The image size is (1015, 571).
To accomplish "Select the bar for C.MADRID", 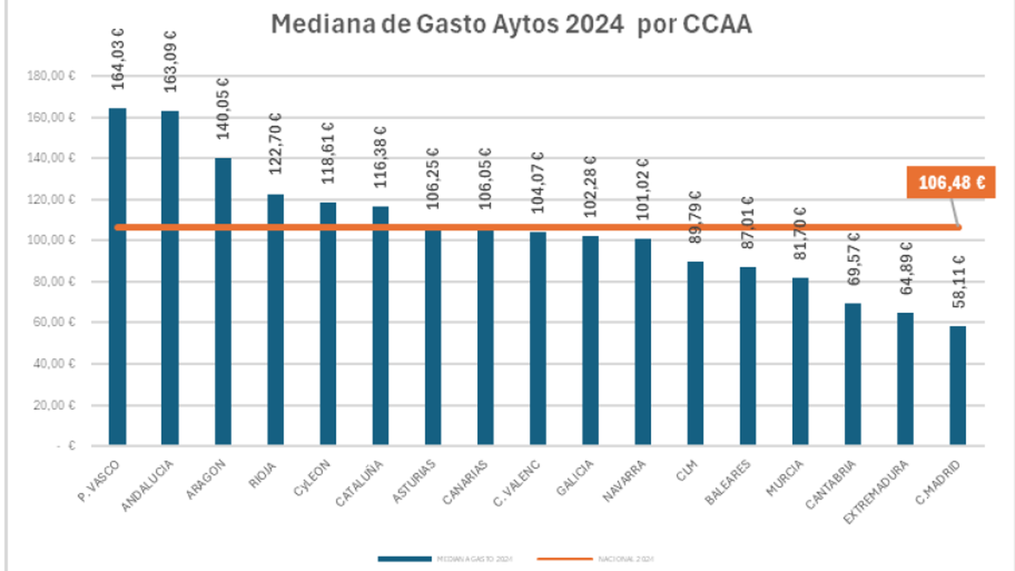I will coord(957,385).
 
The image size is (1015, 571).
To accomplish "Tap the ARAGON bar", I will coord(223,301).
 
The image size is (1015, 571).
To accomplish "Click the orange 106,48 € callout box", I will coord(951,182).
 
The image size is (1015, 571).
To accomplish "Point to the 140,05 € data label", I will coord(223,109).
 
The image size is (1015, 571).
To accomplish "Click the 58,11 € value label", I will coord(958,281).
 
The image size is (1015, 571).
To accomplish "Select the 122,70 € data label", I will coord(275,144).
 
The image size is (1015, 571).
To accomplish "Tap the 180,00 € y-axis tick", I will coord(51,76).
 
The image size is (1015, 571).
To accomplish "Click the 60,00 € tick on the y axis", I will coord(54,322).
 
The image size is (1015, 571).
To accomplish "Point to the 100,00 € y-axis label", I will coord(51,240).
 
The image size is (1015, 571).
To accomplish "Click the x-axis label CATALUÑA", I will coord(359,483).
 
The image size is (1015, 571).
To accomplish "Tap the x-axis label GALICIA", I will coord(575,477).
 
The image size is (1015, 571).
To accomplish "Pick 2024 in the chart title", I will coord(594,24).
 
